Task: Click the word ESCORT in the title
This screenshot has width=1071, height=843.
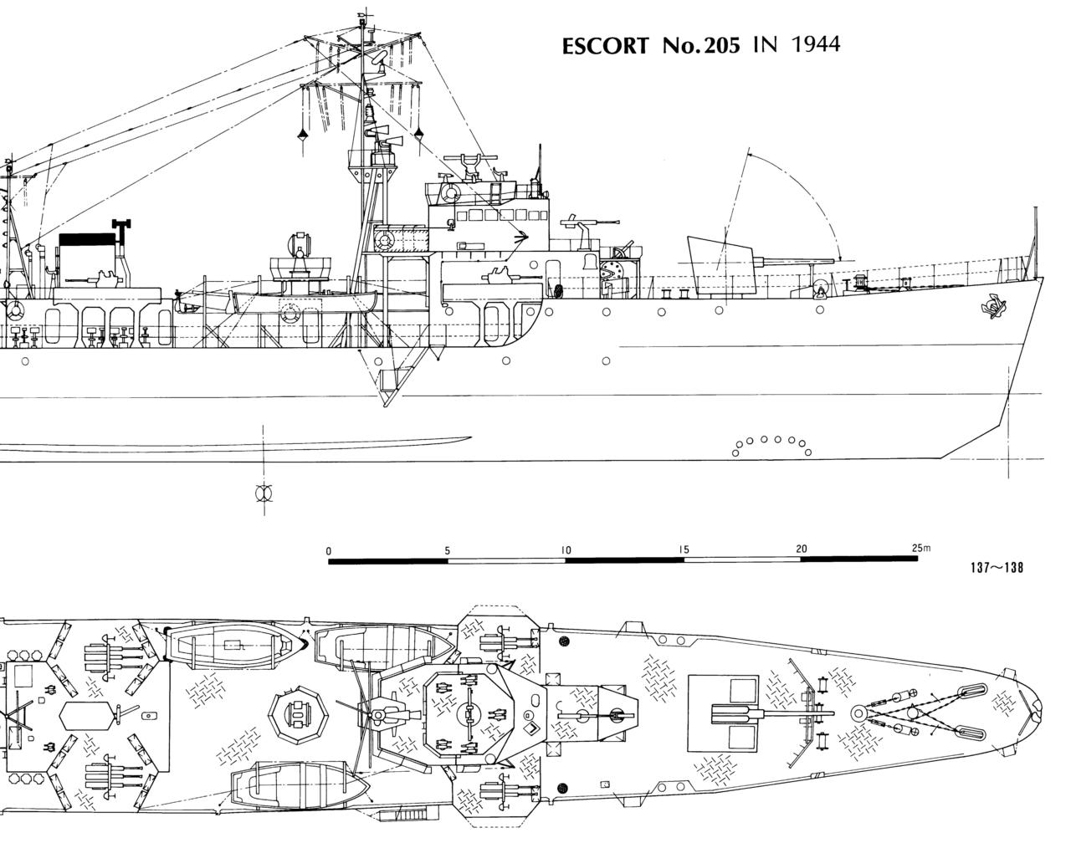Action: click(x=604, y=46)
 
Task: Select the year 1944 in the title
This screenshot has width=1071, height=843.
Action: click(x=815, y=43)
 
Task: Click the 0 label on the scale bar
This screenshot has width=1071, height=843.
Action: click(x=329, y=550)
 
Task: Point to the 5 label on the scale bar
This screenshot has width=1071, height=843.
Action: click(x=448, y=550)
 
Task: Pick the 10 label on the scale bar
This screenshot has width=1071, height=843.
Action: click(x=566, y=550)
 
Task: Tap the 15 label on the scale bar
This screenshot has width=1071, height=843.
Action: click(x=684, y=550)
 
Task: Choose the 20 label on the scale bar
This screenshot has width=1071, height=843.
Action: click(x=802, y=549)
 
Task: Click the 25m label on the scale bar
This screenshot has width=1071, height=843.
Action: click(x=920, y=549)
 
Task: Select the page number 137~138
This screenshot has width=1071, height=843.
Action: click(x=997, y=568)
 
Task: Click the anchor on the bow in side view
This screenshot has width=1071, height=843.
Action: click(x=993, y=307)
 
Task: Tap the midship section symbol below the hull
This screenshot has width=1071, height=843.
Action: click(x=264, y=493)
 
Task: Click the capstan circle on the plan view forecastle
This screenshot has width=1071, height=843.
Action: click(x=859, y=713)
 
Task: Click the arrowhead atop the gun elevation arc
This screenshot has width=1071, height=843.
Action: click(x=749, y=154)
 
